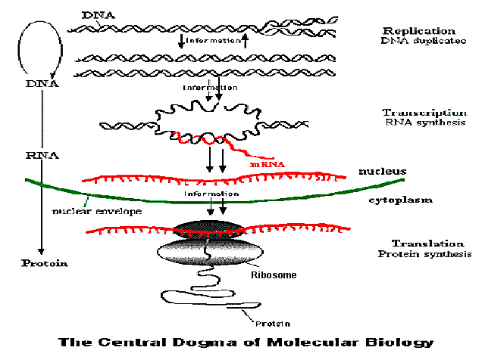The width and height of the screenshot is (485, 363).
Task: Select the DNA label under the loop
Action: point(42,85)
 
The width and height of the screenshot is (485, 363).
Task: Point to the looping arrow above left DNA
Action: point(42,45)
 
